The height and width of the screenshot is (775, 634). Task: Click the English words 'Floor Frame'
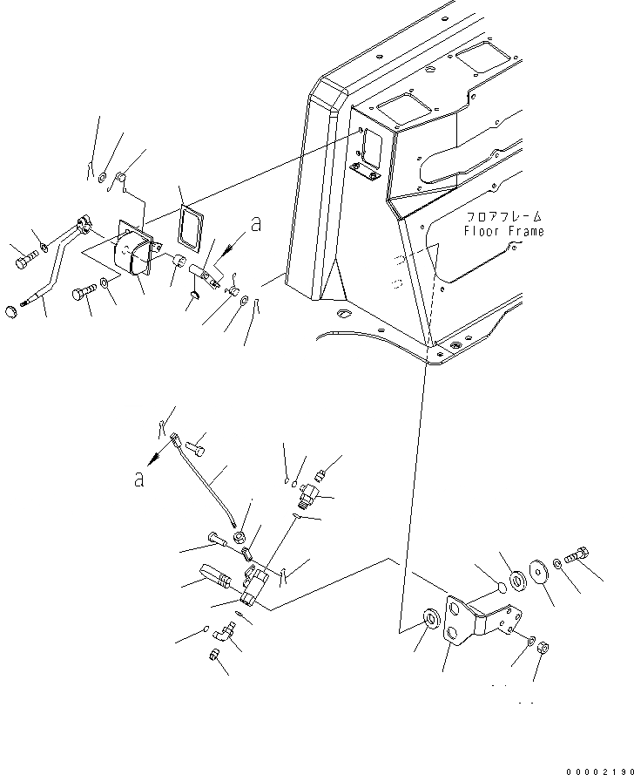click(x=504, y=232)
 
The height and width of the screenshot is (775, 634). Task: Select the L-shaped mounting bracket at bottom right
click(x=475, y=620)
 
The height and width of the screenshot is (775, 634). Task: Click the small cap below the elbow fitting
click(x=214, y=655)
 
